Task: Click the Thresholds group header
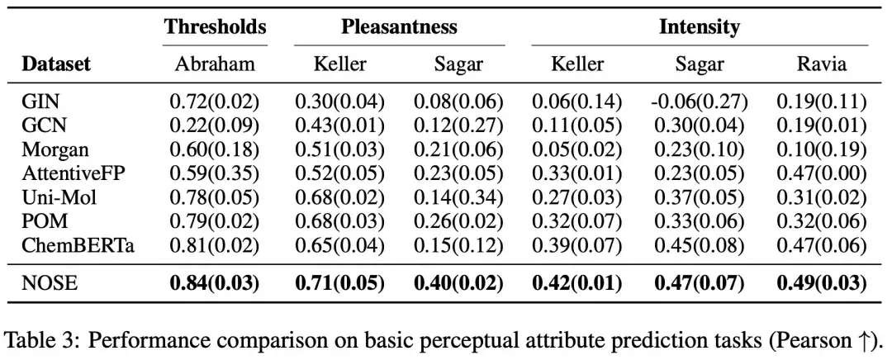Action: [215, 26]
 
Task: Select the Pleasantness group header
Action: [399, 26]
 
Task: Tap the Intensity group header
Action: [700, 26]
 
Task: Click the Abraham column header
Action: [215, 64]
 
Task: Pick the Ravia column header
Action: [822, 64]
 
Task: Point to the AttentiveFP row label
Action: [73, 174]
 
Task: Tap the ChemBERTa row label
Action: [78, 246]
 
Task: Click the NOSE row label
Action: [49, 282]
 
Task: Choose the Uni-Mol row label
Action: [59, 198]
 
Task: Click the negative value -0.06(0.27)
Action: [700, 102]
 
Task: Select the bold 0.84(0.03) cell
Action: [215, 283]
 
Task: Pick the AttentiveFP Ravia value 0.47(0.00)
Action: [822, 174]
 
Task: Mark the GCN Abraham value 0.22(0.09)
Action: [215, 126]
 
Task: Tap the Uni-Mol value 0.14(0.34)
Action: [458, 198]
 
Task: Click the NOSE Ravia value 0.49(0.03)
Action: [822, 283]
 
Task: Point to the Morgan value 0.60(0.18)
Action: [215, 150]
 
